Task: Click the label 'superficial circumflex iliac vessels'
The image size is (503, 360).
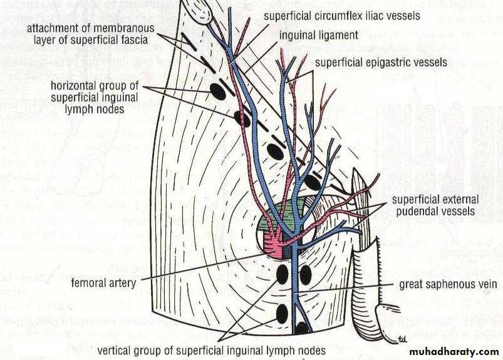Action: tap(341, 15)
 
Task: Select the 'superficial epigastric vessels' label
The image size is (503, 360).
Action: tap(381, 62)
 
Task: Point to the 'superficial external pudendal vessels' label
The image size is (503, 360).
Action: tap(435, 205)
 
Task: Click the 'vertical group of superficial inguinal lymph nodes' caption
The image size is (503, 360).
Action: tap(211, 350)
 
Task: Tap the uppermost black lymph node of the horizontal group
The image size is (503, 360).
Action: tap(217, 91)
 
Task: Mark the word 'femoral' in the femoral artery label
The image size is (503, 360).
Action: tap(88, 283)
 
